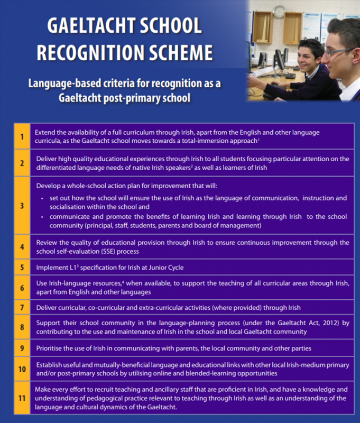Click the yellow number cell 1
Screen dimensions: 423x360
point(22,136)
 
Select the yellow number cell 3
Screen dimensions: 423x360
point(22,206)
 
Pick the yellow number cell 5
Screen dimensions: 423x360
point(22,268)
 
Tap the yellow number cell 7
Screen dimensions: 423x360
point(22,307)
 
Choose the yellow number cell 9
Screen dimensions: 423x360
point(22,348)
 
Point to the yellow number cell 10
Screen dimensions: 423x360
point(22,369)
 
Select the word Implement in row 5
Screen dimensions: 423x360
point(52,268)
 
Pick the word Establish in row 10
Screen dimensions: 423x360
point(51,364)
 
